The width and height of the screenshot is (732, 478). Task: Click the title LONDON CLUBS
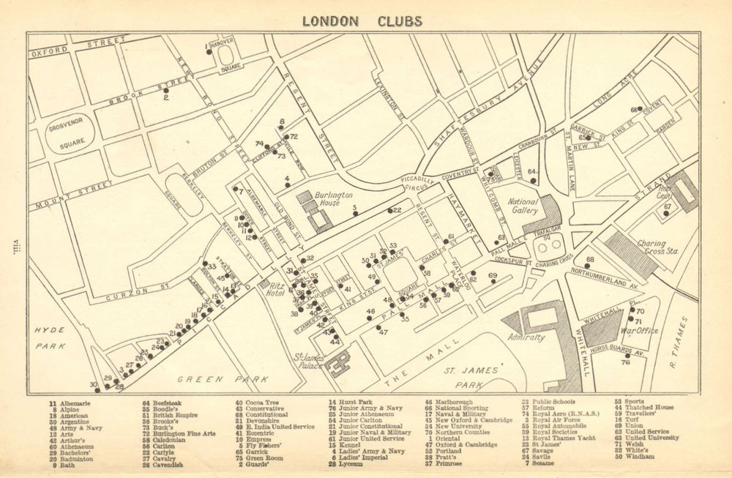coord(362,21)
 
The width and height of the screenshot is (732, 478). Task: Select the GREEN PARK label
coord(214,379)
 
